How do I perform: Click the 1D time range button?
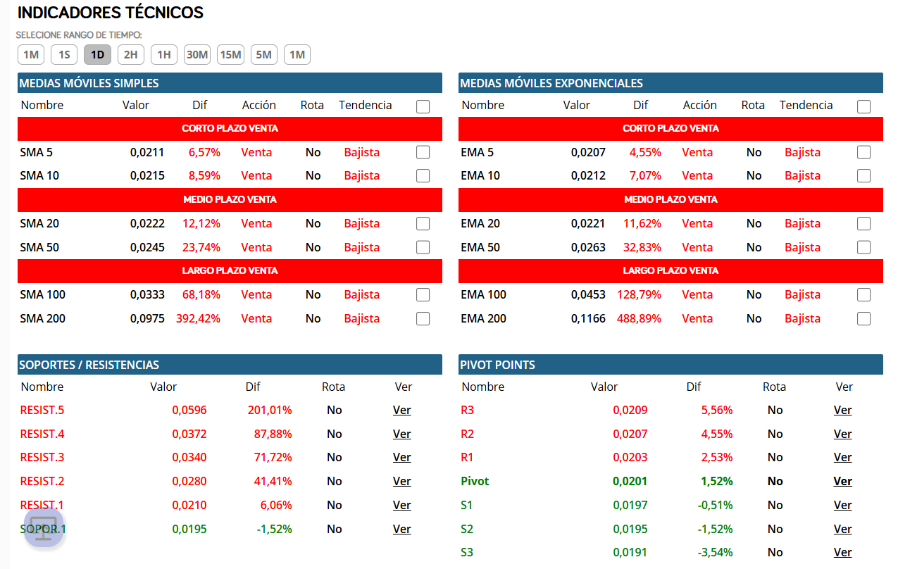tap(97, 54)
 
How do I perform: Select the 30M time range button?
tap(197, 54)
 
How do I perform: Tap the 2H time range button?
tap(131, 54)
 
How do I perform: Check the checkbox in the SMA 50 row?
tap(423, 247)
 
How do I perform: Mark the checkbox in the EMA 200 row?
tap(863, 318)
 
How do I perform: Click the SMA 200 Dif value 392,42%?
tap(198, 318)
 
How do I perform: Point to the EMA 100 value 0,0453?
tap(588, 294)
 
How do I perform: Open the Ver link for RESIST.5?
tap(401, 410)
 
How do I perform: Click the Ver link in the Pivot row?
tap(842, 481)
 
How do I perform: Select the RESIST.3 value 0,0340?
tap(189, 457)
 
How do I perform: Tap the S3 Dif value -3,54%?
tap(715, 552)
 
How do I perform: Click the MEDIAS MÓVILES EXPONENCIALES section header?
tap(551, 83)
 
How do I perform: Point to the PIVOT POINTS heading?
tap(497, 365)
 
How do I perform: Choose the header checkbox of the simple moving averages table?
tap(423, 106)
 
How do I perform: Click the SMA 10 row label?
tap(39, 175)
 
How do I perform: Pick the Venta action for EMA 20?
tap(697, 223)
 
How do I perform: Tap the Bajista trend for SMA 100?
tap(361, 294)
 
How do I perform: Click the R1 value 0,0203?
tap(630, 457)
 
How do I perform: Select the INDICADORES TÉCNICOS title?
tap(111, 13)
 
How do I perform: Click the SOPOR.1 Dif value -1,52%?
tap(274, 529)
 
